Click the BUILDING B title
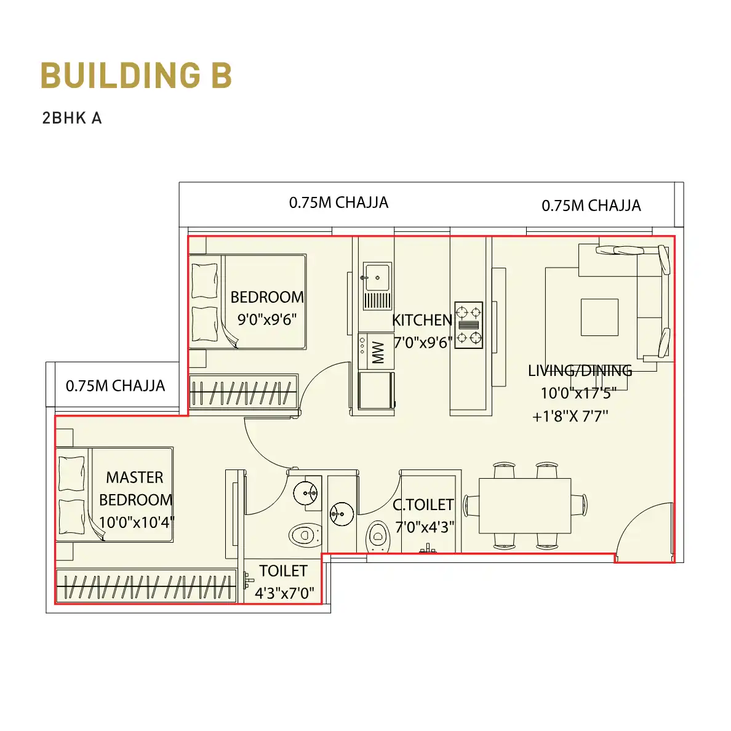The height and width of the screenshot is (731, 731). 136,75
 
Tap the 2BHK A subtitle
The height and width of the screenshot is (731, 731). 72,118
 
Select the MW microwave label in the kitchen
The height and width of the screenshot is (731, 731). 378,352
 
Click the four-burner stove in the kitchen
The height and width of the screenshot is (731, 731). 468,325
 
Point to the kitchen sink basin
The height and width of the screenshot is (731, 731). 377,278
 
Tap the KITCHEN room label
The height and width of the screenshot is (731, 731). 422,320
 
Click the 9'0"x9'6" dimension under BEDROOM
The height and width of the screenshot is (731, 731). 267,319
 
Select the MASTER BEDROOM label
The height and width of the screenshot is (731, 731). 135,488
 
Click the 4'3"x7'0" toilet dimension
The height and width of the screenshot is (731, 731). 284,593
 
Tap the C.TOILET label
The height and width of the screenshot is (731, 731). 423,505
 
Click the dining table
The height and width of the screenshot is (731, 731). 525,506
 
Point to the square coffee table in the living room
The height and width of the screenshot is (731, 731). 599,317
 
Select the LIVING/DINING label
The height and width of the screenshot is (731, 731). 580,370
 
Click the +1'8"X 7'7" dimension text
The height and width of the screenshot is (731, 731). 570,416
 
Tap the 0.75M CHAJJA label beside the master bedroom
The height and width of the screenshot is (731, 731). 115,386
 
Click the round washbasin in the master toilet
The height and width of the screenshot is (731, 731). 305,493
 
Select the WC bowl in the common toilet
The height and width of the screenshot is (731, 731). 378,536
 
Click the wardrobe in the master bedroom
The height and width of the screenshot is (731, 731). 146,586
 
